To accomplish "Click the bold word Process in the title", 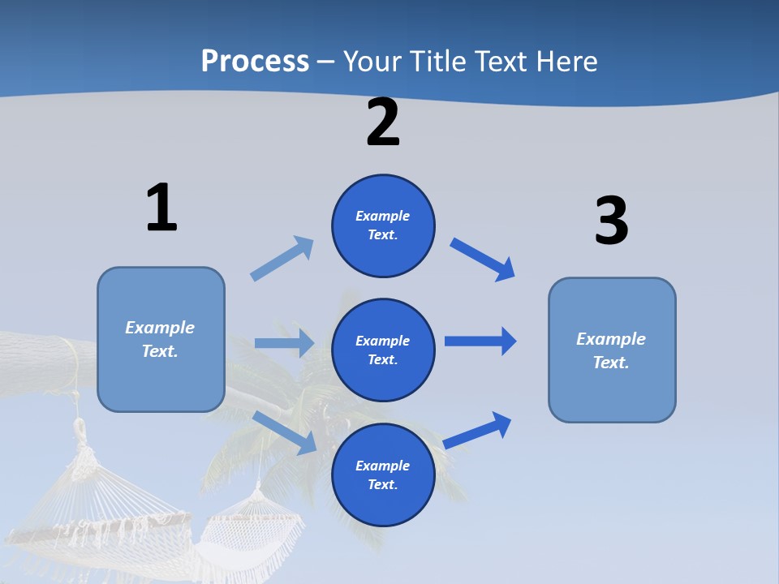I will [x=255, y=61].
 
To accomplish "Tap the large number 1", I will [x=161, y=208].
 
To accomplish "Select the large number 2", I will [x=383, y=122].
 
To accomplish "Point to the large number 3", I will [x=611, y=221].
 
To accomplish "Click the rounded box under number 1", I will [x=161, y=339].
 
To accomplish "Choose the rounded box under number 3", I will [x=612, y=350].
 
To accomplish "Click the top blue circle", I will [x=383, y=225].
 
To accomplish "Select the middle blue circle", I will [x=383, y=350].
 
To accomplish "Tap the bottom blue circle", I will [x=383, y=474].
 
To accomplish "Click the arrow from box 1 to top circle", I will [x=282, y=259].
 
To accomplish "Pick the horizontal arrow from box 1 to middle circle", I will [x=284, y=343].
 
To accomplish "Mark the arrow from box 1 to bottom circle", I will [x=285, y=432].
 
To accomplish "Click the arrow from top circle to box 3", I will [x=483, y=259].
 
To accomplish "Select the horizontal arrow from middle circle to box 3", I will [x=480, y=341].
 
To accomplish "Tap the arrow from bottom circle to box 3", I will [x=478, y=430].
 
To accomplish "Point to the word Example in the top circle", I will [x=382, y=216].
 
